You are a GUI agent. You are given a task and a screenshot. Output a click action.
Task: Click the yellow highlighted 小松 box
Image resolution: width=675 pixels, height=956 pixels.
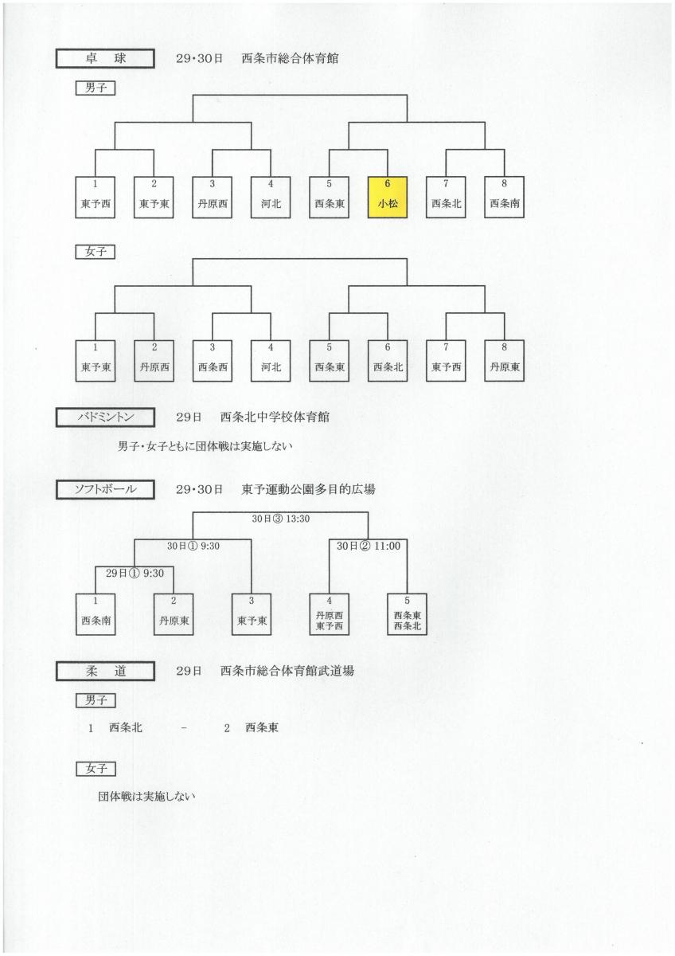pyautogui.click(x=387, y=198)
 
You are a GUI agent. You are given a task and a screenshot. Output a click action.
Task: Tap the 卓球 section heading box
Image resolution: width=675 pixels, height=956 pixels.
pyautogui.click(x=105, y=58)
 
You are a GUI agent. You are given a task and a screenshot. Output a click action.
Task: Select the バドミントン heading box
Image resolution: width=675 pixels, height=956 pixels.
pyautogui.click(x=105, y=417)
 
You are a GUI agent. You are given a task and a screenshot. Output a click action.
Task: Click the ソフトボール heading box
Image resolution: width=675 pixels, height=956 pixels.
pyautogui.click(x=105, y=489)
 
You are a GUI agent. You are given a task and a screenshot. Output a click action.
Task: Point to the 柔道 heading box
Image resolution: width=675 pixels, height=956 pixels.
pyautogui.click(x=105, y=672)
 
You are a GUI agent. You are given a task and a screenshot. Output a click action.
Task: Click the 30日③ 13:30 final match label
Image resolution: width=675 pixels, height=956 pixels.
pyautogui.click(x=280, y=519)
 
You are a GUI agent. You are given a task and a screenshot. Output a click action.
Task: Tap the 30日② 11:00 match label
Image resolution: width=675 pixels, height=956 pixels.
pyautogui.click(x=369, y=546)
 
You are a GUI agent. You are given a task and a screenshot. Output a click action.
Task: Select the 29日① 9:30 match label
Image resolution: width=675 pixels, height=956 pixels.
pyautogui.click(x=135, y=573)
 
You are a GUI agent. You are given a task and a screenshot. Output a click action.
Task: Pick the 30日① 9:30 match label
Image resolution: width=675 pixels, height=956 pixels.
pyautogui.click(x=193, y=546)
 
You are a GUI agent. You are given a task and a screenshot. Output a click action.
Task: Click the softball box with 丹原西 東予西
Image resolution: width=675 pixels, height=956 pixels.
pyautogui.click(x=330, y=614)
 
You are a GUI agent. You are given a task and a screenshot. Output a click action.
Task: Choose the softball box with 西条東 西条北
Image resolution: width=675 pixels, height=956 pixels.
pyautogui.click(x=408, y=614)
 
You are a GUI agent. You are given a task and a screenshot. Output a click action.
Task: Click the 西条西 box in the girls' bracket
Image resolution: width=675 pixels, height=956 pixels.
pyautogui.click(x=213, y=361)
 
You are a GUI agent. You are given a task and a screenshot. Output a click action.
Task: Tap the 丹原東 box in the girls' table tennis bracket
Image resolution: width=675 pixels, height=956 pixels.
pyautogui.click(x=505, y=361)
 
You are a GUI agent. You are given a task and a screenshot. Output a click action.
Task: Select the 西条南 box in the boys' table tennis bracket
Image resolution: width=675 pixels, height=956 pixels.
pyautogui.click(x=505, y=198)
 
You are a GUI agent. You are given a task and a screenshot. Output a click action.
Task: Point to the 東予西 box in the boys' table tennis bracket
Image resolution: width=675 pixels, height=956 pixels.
pyautogui.click(x=95, y=198)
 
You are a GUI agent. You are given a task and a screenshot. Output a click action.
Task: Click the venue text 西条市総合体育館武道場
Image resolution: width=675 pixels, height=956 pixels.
pyautogui.click(x=287, y=671)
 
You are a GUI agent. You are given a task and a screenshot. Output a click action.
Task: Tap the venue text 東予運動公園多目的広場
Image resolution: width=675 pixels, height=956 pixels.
pyautogui.click(x=308, y=489)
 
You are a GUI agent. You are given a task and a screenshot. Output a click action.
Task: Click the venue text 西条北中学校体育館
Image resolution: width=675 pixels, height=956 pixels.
pyautogui.click(x=275, y=417)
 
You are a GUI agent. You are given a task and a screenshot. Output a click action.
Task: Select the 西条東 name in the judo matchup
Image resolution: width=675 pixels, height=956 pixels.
pyautogui.click(x=262, y=727)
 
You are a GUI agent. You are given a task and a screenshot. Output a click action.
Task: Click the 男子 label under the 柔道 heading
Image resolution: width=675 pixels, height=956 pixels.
pyautogui.click(x=96, y=700)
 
